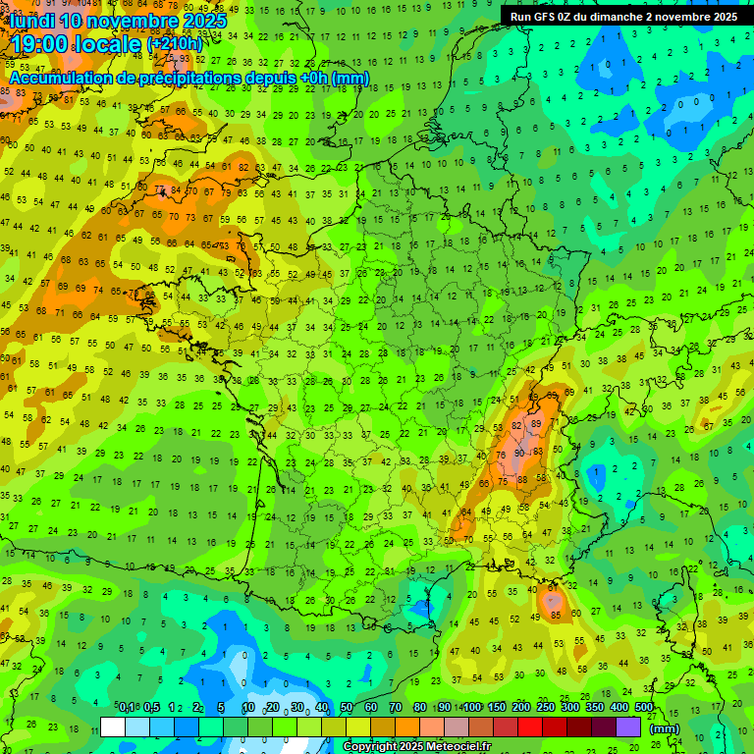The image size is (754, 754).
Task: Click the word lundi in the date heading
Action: (x=32, y=20)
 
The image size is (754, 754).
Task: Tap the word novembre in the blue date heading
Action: (x=134, y=20)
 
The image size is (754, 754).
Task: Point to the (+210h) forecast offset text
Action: (x=175, y=43)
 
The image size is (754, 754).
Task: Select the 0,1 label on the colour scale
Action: (x=126, y=707)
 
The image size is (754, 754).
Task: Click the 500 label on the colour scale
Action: (x=643, y=707)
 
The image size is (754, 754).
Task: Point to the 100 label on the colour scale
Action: (x=471, y=707)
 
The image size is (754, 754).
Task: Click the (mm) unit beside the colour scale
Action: (x=665, y=727)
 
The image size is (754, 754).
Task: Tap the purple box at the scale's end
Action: (x=628, y=727)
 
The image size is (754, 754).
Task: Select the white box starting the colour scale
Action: (x=113, y=727)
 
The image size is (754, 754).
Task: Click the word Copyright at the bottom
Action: (x=373, y=747)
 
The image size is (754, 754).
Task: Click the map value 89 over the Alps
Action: (x=535, y=423)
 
